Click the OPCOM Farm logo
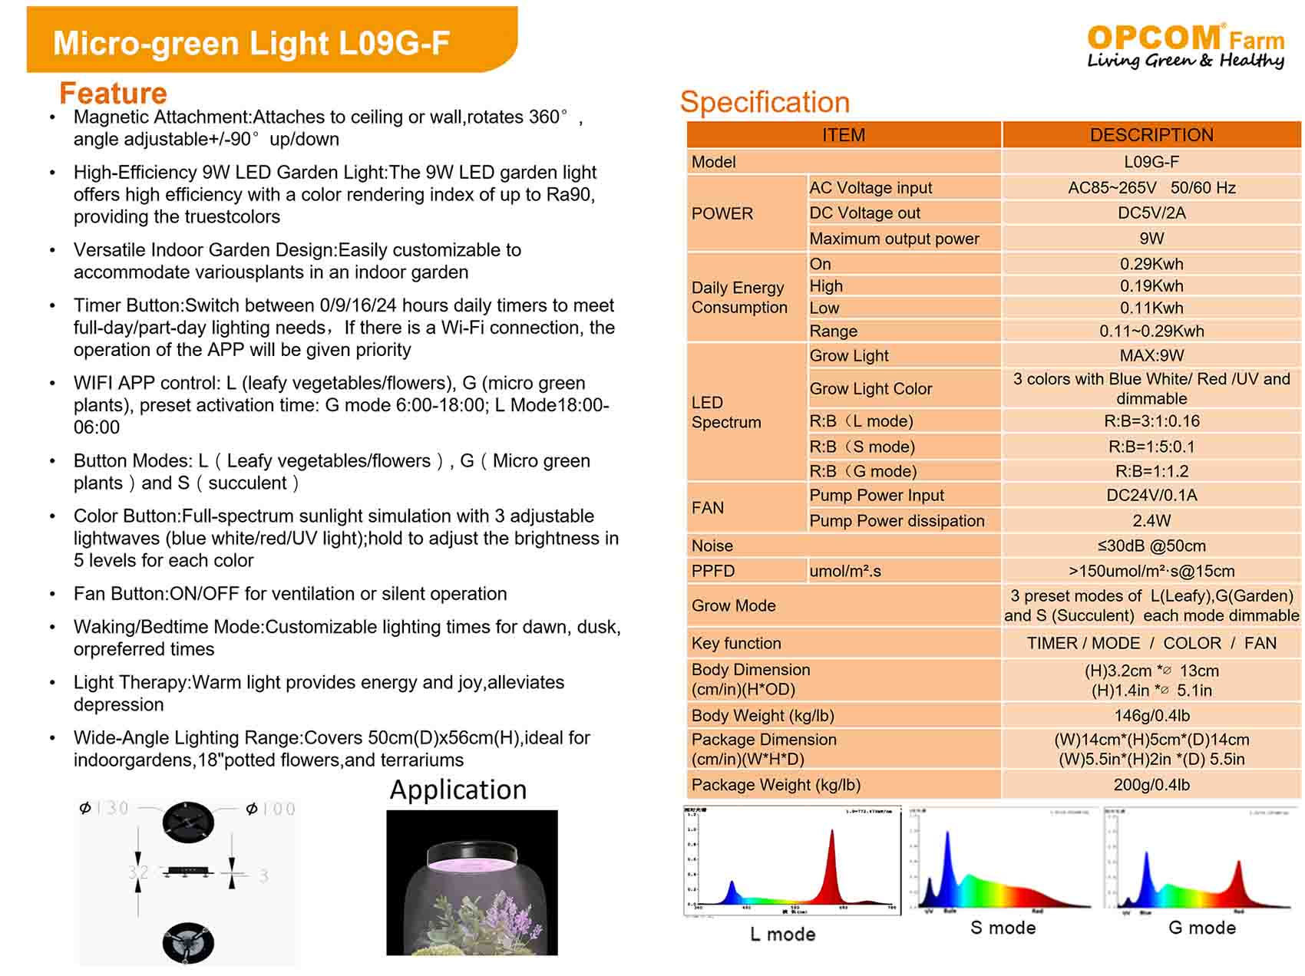tap(1185, 45)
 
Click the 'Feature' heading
tap(113, 94)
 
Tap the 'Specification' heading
tap(765, 102)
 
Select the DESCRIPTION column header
tap(1151, 135)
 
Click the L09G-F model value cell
tap(1151, 162)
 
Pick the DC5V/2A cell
tap(1151, 213)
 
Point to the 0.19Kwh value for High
tap(1151, 286)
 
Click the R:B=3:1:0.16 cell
tap(1151, 421)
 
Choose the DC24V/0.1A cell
tap(1151, 495)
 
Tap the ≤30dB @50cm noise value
tap(1151, 546)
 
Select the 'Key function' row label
tap(736, 643)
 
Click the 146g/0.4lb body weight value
tap(1151, 716)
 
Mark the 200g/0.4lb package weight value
tap(1151, 785)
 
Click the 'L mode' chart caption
tap(782, 934)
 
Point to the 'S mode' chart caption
tap(1003, 928)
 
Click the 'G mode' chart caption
tap(1201, 928)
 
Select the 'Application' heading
tap(458, 790)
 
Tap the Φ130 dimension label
tap(105, 808)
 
